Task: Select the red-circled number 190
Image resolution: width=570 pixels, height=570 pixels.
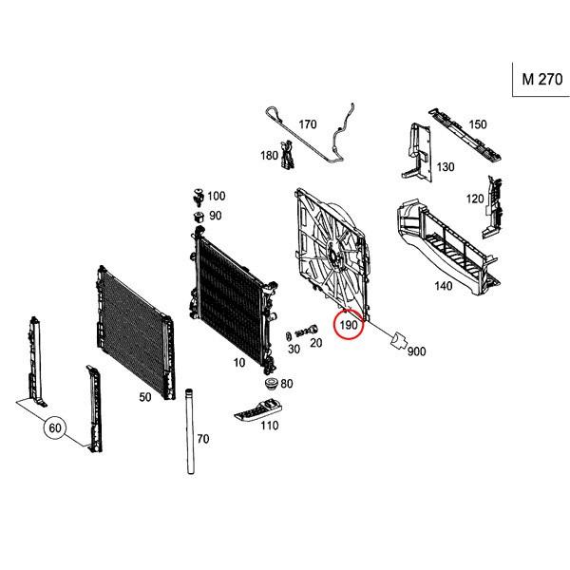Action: (349, 326)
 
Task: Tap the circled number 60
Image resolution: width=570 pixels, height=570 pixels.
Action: (55, 428)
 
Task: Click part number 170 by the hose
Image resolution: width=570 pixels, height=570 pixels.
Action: (308, 124)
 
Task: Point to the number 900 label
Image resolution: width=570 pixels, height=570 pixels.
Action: (416, 351)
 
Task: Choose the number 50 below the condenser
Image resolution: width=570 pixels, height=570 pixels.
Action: (144, 398)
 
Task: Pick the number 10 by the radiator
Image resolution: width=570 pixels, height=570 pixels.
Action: (238, 362)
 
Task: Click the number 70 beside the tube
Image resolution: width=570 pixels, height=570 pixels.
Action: (202, 439)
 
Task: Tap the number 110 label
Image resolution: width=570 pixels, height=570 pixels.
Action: (270, 427)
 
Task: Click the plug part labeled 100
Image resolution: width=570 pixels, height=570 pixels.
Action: (197, 196)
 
